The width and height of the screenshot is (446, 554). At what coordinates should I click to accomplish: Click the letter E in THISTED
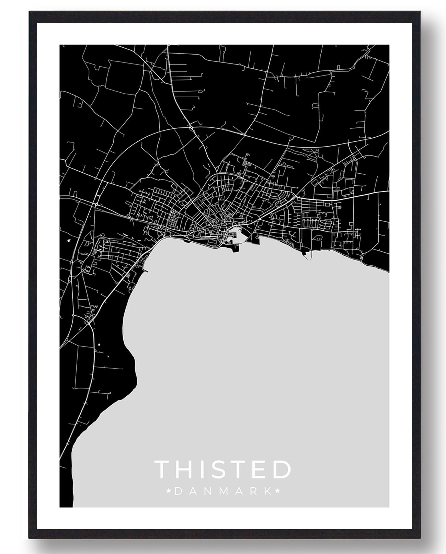(x=261, y=469)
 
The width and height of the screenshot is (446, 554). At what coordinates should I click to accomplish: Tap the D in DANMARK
(x=178, y=492)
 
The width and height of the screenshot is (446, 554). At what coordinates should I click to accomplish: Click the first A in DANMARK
(x=192, y=492)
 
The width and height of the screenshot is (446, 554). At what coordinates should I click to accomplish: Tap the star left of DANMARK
(x=169, y=492)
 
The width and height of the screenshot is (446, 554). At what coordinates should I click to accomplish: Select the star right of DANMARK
(x=277, y=492)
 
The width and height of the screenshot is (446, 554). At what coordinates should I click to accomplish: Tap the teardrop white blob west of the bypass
(x=70, y=240)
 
